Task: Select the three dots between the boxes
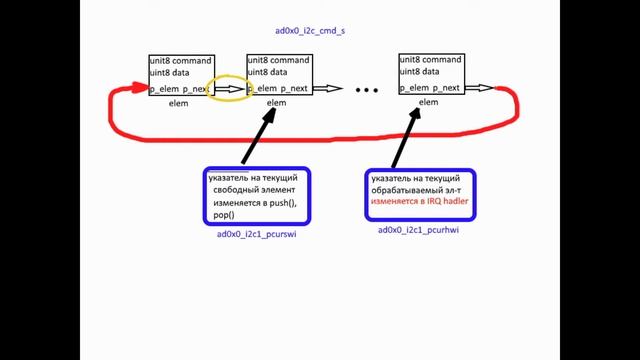click(367, 90)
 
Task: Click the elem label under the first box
click(178, 102)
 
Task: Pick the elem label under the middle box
click(277, 102)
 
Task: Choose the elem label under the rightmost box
click(429, 102)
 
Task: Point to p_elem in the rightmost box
click(414, 88)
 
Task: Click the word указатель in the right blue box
click(394, 176)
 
